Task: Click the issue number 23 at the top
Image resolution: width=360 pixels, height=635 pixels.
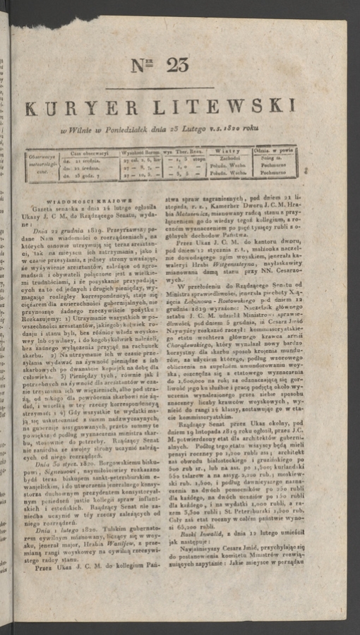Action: pyautogui.click(x=176, y=65)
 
